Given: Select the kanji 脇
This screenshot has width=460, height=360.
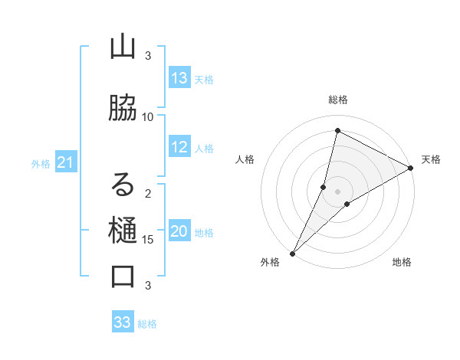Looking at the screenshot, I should (x=123, y=108).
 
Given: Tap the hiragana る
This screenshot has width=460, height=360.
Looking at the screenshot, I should (x=123, y=185).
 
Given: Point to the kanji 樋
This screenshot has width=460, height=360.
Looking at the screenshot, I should (x=123, y=231).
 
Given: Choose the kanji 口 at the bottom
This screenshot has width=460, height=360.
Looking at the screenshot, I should (x=123, y=277).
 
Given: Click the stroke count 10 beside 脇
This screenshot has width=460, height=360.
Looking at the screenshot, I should (x=148, y=116).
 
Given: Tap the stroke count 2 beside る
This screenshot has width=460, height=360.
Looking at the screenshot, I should (x=148, y=193).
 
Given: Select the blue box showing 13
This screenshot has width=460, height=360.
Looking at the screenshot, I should (x=179, y=78).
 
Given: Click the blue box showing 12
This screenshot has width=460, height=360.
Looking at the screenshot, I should (x=179, y=147).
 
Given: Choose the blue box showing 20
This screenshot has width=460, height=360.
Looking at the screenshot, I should (x=179, y=232).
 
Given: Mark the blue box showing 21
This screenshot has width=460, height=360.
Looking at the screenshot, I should (x=66, y=162).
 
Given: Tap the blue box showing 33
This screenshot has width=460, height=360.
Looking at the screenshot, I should (x=123, y=322).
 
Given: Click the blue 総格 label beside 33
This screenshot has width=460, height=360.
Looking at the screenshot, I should (x=147, y=324).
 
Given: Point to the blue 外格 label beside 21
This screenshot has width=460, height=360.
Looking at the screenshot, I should (x=41, y=163).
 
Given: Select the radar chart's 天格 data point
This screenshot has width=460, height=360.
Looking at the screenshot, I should (x=411, y=169).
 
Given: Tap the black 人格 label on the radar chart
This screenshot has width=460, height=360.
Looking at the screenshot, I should (x=245, y=159).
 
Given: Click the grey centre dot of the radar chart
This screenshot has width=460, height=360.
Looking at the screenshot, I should (x=337, y=191).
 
